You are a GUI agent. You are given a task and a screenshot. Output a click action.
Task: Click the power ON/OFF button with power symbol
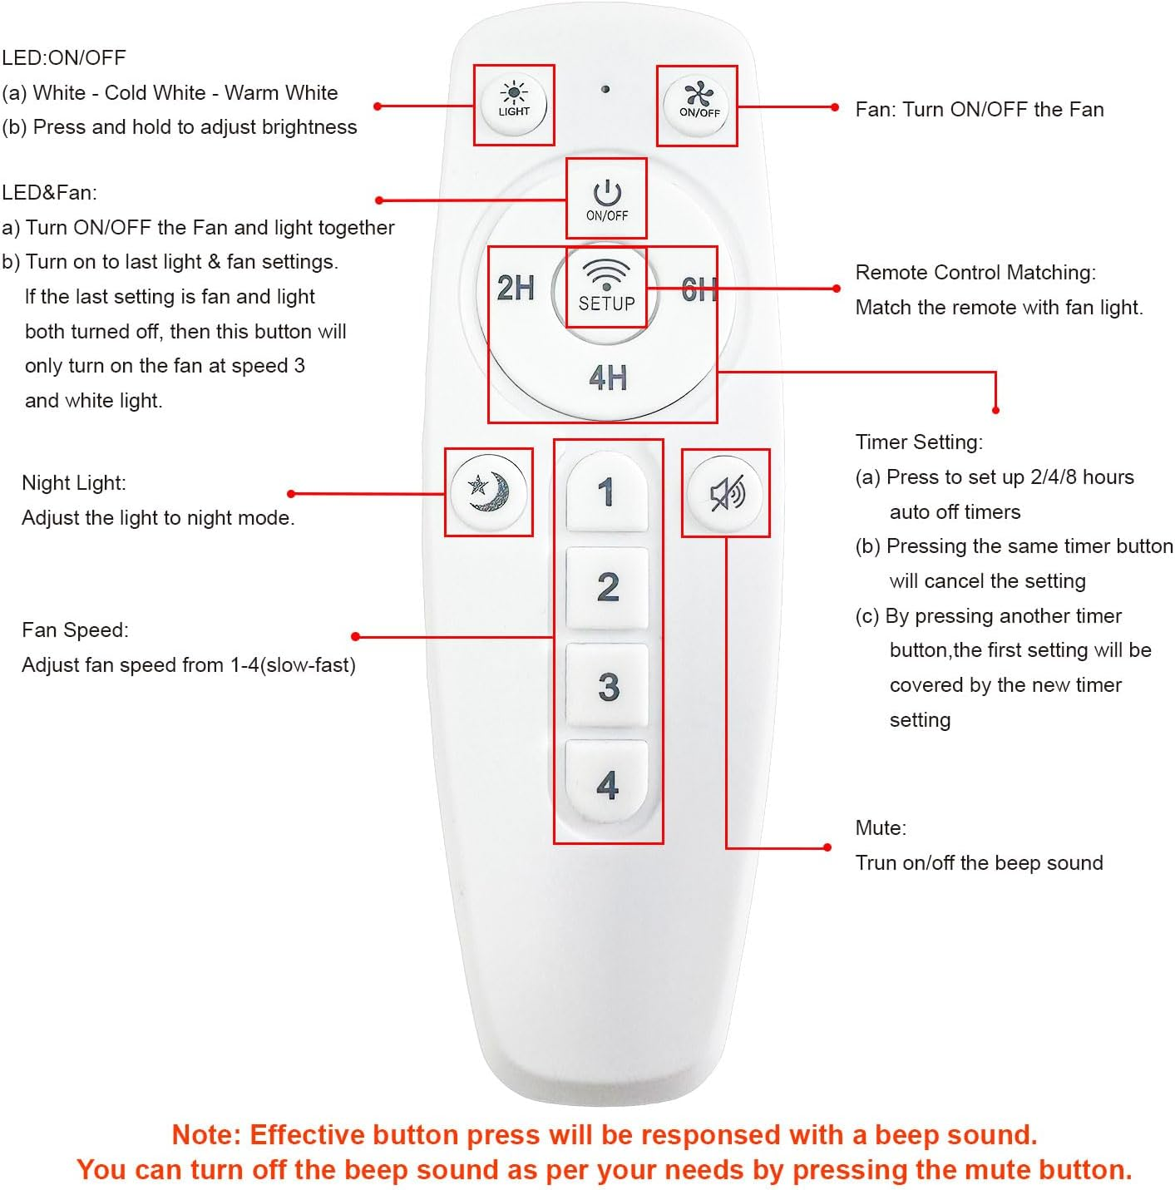[607, 200]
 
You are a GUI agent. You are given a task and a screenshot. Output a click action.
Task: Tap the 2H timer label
[516, 288]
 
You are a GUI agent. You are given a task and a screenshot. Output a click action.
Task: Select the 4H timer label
[608, 378]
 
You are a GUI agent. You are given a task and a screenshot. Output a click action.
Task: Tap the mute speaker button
[726, 493]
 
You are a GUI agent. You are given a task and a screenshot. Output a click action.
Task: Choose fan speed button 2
[608, 587]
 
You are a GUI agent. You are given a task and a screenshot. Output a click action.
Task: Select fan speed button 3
[608, 686]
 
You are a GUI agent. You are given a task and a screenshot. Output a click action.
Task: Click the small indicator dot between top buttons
[605, 89]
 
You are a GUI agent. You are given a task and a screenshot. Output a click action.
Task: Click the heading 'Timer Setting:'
[919, 442]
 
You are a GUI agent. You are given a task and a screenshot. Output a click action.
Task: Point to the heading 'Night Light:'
[74, 482]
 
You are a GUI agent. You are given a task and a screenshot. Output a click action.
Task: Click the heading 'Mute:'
[881, 827]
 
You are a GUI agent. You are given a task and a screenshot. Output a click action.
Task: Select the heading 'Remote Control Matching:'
[975, 272]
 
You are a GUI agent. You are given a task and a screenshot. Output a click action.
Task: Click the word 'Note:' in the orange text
[206, 1134]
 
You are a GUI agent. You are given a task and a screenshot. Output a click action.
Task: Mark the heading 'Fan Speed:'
[76, 630]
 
